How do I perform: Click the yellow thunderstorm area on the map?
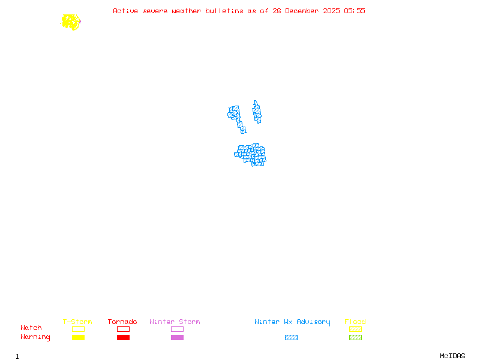click(x=71, y=22)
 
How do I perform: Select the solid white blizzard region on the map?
click(x=248, y=117)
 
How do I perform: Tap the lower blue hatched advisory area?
click(x=251, y=154)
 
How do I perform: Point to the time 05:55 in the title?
click(x=354, y=11)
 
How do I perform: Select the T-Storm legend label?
click(x=77, y=322)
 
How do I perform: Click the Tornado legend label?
click(x=122, y=322)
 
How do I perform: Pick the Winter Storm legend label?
click(x=175, y=322)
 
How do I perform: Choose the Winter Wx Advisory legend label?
click(x=292, y=322)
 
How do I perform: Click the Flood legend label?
click(x=355, y=322)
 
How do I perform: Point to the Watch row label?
click(x=31, y=328)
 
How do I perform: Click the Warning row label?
click(x=35, y=337)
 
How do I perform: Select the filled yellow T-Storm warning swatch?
click(x=78, y=338)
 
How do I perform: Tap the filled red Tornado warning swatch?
click(x=123, y=338)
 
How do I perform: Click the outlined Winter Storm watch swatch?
click(x=177, y=329)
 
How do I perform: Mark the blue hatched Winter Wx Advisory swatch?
click(x=291, y=338)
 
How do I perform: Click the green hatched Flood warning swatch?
click(x=355, y=338)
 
